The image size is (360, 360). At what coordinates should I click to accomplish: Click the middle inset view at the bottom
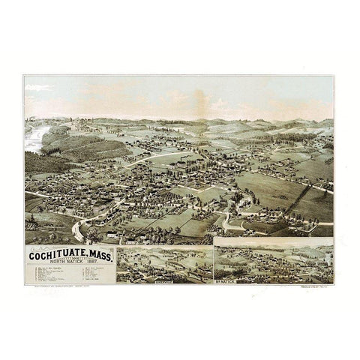click(164, 265)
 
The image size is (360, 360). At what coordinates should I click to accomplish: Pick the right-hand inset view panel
click(274, 262)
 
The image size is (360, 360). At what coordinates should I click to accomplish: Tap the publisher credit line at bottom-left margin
click(56, 287)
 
